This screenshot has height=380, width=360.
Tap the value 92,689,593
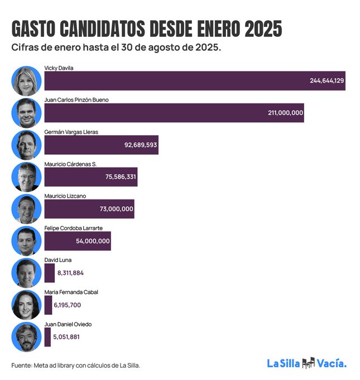(x=140, y=145)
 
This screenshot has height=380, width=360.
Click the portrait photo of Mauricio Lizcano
(x=26, y=209)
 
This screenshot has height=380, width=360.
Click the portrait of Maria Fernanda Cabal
(x=26, y=305)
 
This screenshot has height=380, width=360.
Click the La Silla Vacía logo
(x=306, y=363)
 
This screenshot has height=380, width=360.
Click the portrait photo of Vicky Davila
(x=26, y=80)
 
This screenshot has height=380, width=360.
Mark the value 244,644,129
(x=327, y=81)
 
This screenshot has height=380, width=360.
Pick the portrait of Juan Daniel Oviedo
(x=26, y=337)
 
